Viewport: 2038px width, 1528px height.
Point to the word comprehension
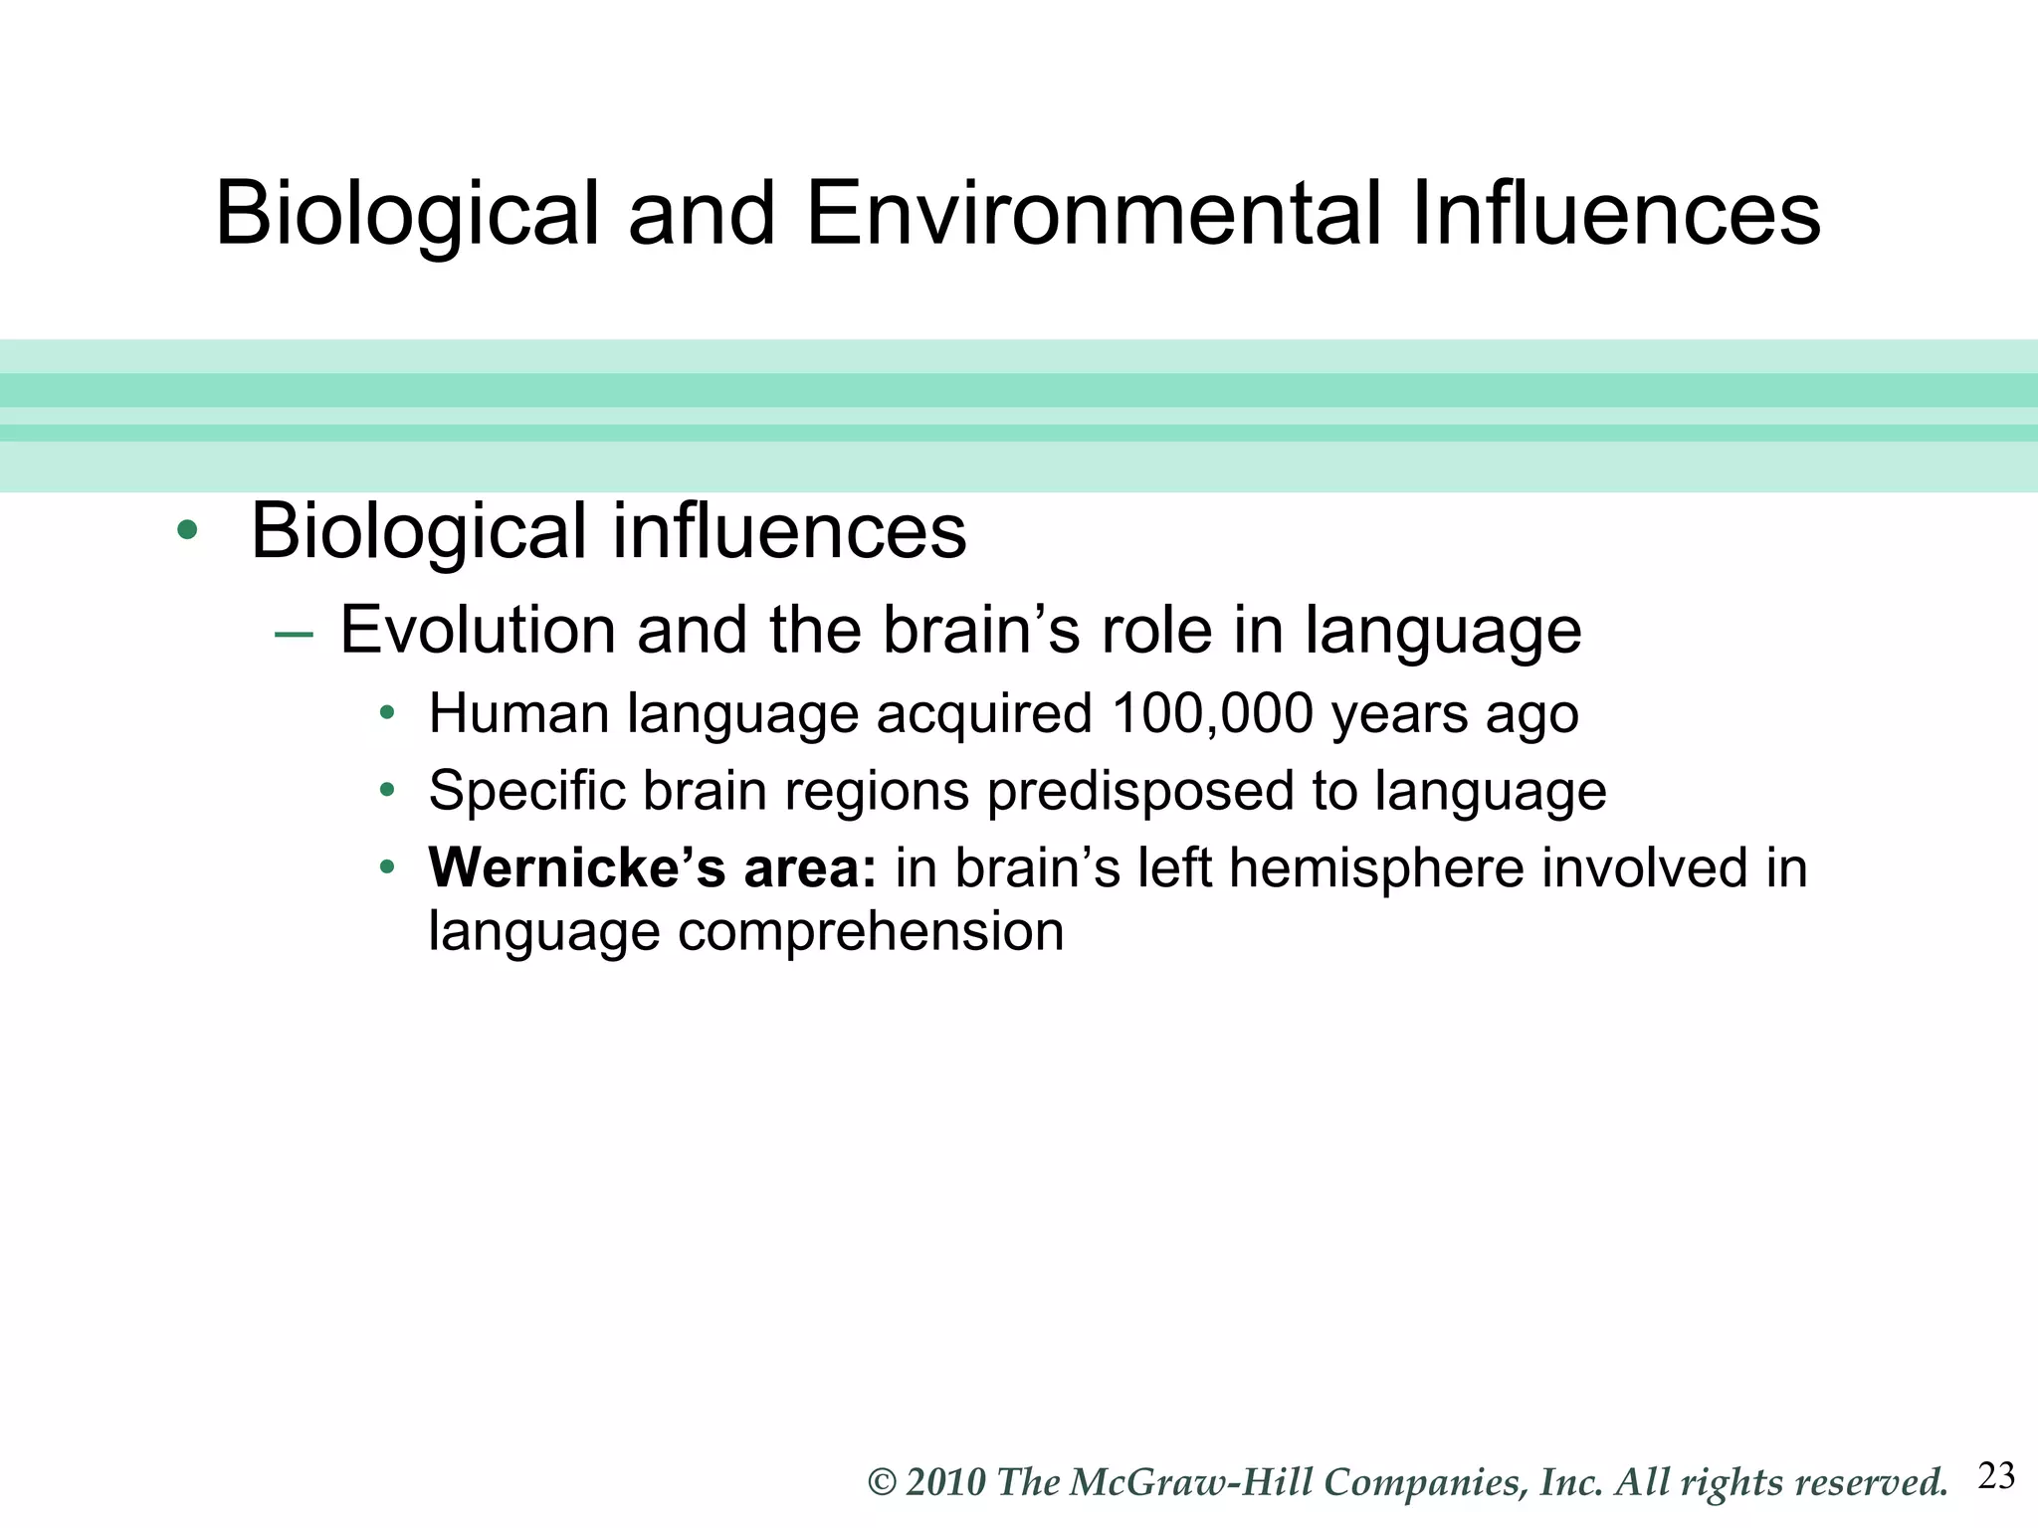871,933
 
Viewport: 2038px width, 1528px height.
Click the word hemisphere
1377,867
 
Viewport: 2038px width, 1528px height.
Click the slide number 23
1996,1476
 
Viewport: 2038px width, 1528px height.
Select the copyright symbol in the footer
883,1482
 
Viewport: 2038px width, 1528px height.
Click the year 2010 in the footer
945,1482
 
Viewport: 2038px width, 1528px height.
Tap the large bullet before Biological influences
186,530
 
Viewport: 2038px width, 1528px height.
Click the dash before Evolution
294,634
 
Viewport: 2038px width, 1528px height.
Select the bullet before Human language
387,713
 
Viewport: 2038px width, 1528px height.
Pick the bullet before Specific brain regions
387,791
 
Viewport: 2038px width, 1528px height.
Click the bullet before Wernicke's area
387,867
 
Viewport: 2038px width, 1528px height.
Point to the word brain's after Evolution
981,630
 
